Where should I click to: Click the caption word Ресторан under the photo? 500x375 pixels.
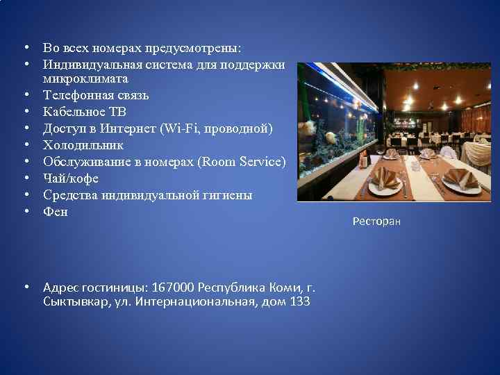click(376, 222)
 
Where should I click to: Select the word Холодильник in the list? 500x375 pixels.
click(83, 145)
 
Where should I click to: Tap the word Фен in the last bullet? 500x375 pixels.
click(56, 212)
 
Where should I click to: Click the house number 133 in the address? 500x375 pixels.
click(299, 301)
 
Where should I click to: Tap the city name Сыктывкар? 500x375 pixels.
click(73, 301)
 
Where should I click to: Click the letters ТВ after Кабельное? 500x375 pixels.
click(118, 112)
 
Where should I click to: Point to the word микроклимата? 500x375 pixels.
click(85, 79)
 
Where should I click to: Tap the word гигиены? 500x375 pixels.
click(229, 195)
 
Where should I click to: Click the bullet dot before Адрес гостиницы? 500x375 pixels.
click(25, 287)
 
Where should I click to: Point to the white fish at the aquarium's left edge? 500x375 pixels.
click(305, 127)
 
